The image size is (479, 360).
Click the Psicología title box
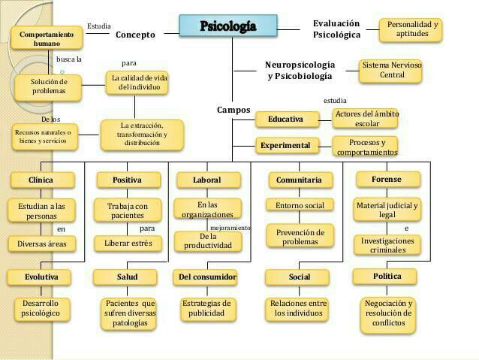tap(228, 26)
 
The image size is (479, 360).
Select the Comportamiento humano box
tap(46, 39)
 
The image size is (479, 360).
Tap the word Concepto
tap(135, 35)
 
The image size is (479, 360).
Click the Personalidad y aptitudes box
tap(410, 30)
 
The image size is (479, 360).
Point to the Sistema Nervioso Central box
tap(392, 70)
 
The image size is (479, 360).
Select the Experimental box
tap(285, 145)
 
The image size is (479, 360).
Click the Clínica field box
tap(41, 180)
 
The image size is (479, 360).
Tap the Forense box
tap(386, 180)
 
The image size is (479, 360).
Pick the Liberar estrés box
tap(128, 243)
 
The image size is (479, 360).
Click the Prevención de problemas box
tap(300, 236)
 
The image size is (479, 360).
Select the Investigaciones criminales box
tap(387, 245)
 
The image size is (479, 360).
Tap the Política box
tap(387, 277)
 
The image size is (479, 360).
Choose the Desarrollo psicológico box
tap(41, 308)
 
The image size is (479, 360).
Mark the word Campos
tap(233, 110)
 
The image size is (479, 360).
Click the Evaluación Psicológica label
tap(336, 29)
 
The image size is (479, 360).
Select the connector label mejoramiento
tap(230, 227)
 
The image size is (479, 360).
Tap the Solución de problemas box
tap(49, 86)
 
